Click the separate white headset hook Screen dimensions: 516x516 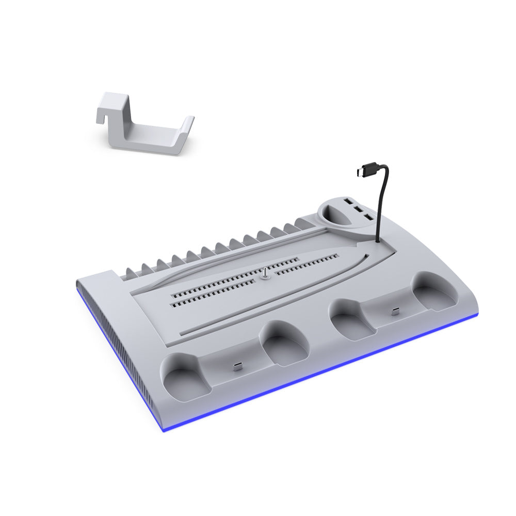142,126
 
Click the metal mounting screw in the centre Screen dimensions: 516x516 265,274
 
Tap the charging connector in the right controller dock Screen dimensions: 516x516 395,311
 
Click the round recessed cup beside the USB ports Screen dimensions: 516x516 335,216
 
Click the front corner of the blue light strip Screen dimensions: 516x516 164,429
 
